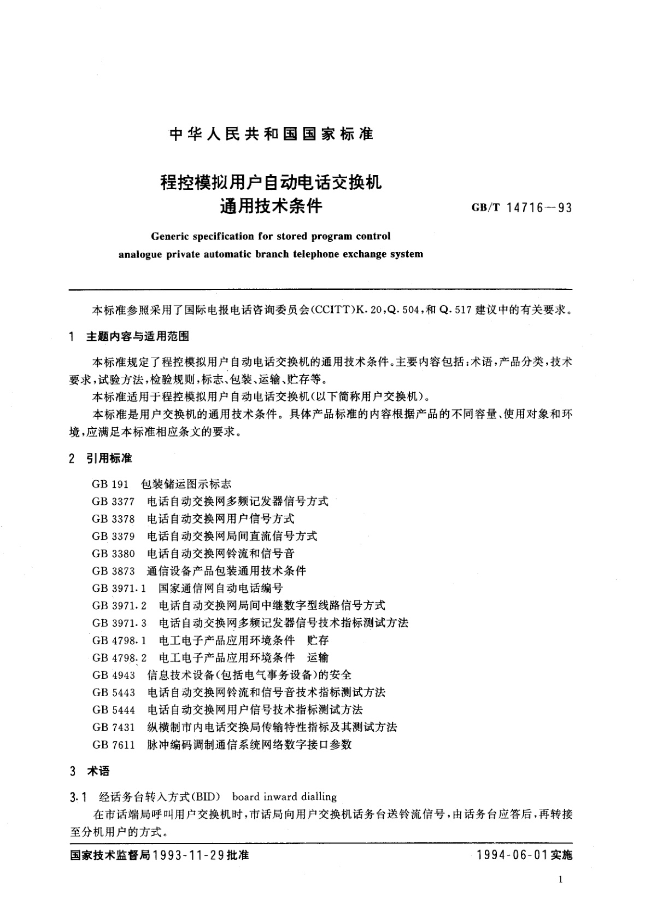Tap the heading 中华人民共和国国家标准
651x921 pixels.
[x=272, y=134]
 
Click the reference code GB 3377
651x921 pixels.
[x=113, y=502]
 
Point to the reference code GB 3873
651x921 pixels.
[x=113, y=571]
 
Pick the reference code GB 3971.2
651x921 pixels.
[x=119, y=605]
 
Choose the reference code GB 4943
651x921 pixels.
[x=113, y=675]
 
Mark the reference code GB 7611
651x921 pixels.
[x=113, y=745]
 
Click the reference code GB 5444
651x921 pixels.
[x=113, y=710]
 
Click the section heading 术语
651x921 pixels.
[x=98, y=771]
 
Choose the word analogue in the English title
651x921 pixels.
[x=142, y=254]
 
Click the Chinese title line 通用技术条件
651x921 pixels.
[x=271, y=206]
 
